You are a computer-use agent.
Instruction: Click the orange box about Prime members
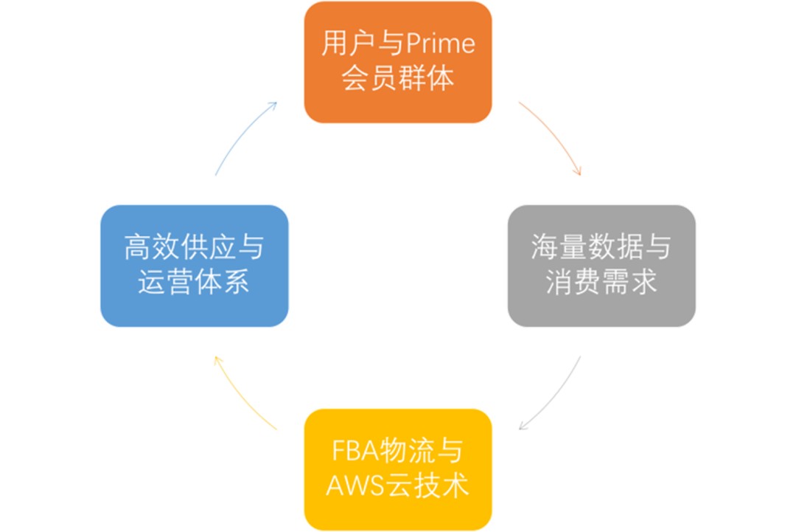[398, 62]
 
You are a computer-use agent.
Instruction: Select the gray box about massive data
[601, 266]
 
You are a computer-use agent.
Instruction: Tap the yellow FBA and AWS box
[398, 469]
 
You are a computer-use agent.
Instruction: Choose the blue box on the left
[195, 266]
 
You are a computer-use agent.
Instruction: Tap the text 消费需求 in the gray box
[601, 283]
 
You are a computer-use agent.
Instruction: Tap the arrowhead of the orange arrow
[579, 172]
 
